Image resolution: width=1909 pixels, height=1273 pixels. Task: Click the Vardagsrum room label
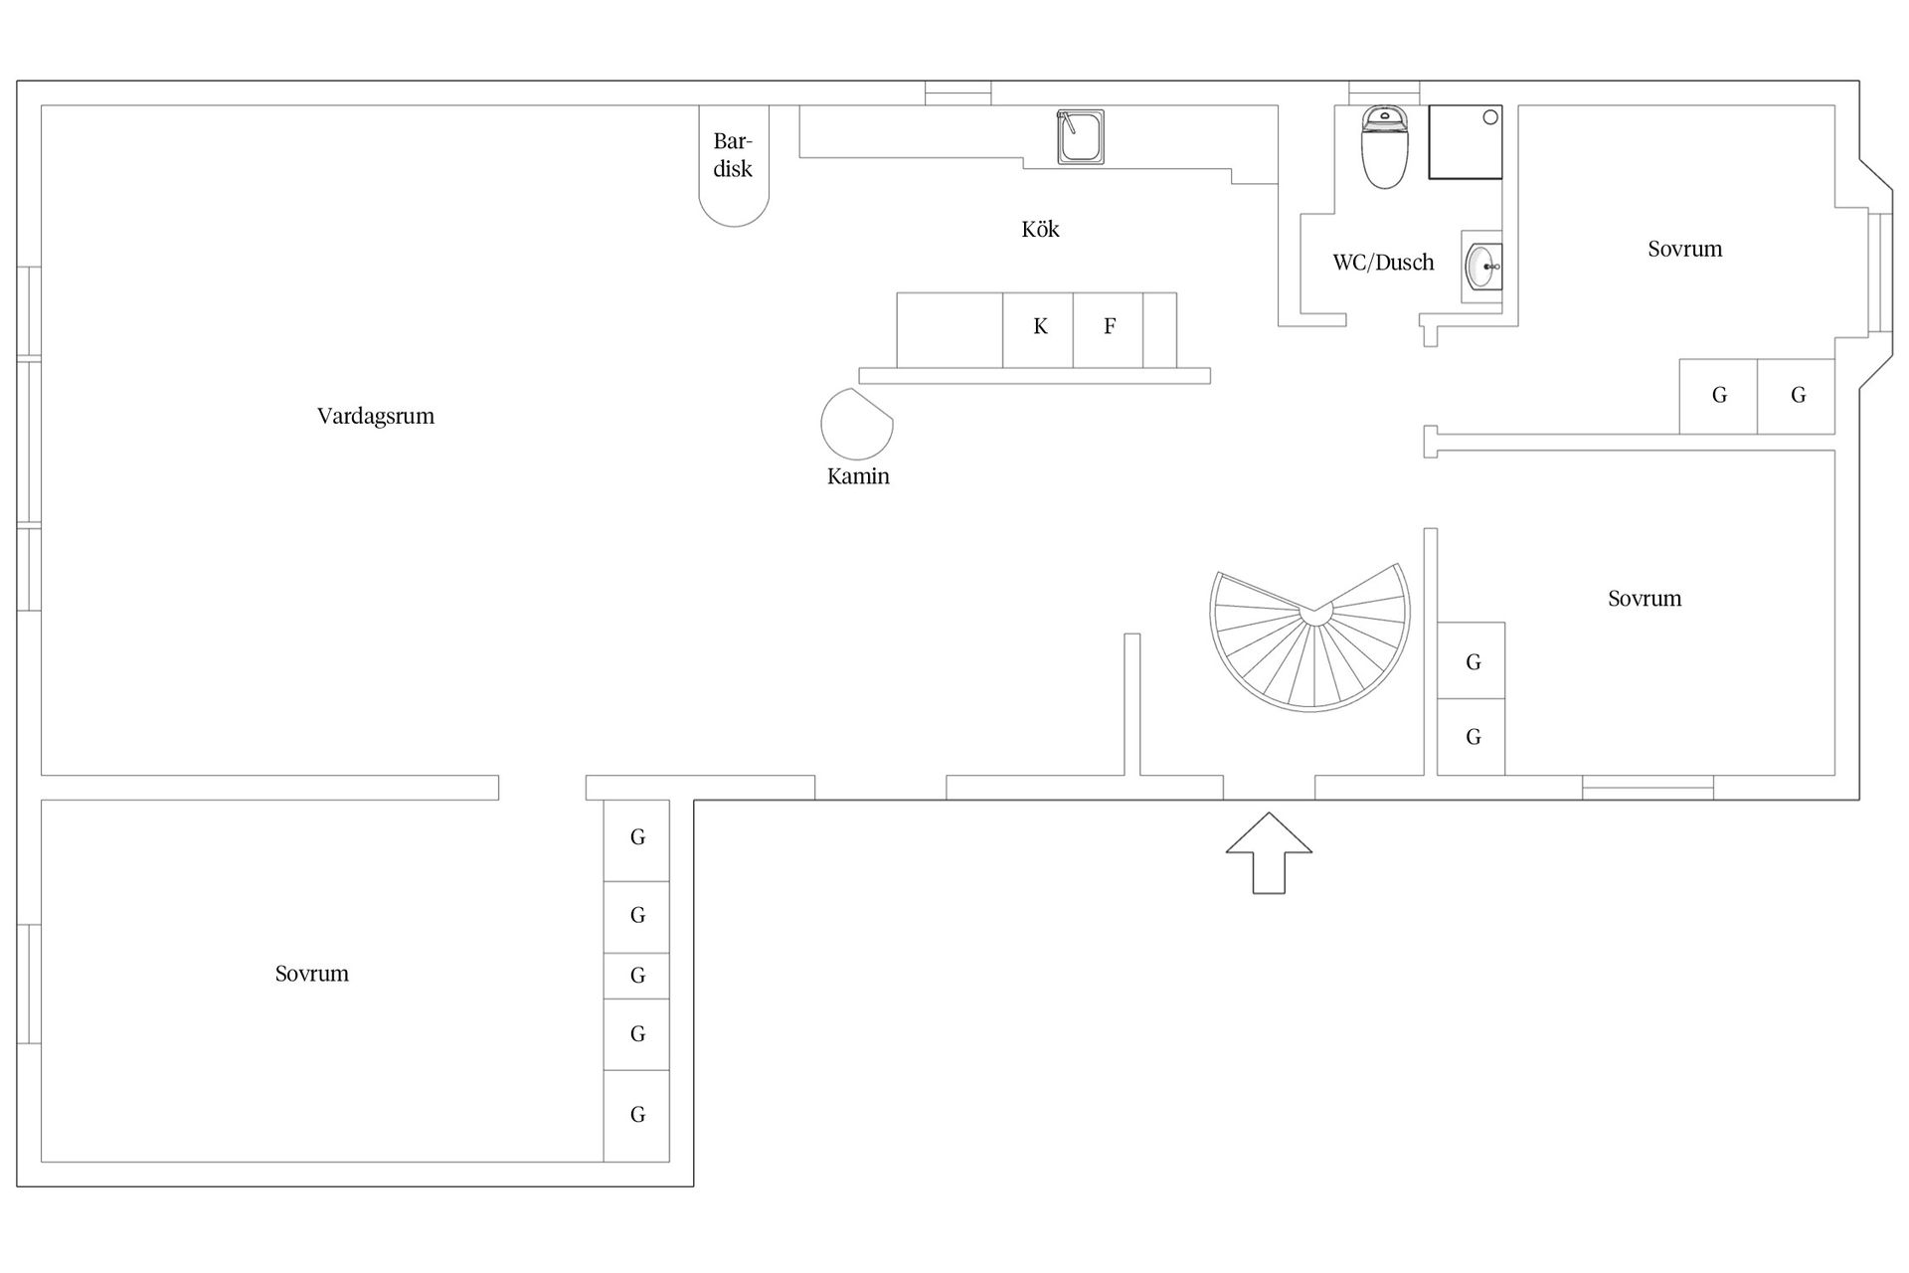tap(376, 417)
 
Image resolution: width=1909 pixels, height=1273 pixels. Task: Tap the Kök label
tap(1040, 230)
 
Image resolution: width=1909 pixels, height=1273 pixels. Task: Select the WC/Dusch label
tap(1383, 263)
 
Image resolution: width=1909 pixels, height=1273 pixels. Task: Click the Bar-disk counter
tap(734, 165)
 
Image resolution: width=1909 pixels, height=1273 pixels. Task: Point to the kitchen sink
tap(1080, 137)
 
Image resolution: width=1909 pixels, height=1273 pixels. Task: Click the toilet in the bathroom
tap(1385, 147)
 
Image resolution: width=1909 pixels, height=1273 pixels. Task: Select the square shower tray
tap(1466, 142)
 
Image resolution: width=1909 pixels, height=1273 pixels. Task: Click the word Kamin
tap(858, 476)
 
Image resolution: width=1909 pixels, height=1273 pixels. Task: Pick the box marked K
tap(1038, 330)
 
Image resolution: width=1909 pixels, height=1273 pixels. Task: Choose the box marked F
tap(1109, 330)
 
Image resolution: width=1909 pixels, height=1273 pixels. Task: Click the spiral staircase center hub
tap(1316, 614)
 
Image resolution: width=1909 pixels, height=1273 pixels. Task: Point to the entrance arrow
tap(1269, 852)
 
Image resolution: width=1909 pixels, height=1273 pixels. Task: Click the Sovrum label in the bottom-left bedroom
tap(312, 974)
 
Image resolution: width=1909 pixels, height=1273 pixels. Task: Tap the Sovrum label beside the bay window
tap(1685, 249)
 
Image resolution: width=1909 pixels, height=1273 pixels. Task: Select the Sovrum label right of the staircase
tap(1645, 599)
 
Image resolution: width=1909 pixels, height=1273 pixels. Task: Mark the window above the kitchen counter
tap(958, 92)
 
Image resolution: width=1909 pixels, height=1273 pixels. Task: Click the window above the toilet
tap(1384, 92)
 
